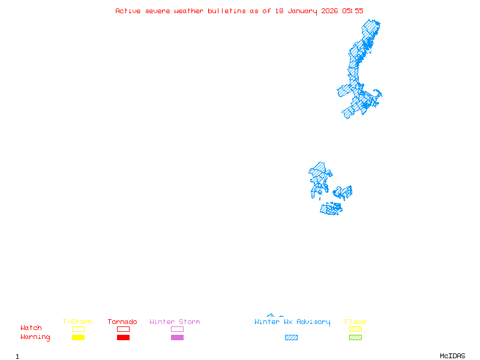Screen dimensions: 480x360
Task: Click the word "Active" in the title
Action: [x=128, y=11]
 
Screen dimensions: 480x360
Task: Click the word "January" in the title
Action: [x=303, y=11]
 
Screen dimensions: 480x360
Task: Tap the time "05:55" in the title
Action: [x=353, y=11]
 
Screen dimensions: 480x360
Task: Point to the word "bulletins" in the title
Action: [x=227, y=11]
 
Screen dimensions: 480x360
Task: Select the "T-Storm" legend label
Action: [x=77, y=322]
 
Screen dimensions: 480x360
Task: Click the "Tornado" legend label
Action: [x=122, y=322]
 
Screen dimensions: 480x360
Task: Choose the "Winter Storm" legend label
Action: [x=175, y=322]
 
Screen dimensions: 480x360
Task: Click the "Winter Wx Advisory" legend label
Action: [x=292, y=322]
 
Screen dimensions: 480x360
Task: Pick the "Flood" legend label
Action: [x=355, y=322]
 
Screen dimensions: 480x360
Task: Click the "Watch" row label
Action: [x=31, y=328]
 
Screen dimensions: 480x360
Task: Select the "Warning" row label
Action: [x=35, y=337]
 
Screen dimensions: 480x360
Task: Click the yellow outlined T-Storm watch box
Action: [x=78, y=329]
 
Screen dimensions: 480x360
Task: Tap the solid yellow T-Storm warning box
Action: [x=78, y=338]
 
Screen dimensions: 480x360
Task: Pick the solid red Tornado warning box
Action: [x=123, y=338]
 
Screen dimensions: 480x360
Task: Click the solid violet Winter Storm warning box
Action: [x=177, y=338]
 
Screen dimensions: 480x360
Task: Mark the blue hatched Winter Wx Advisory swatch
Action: [x=291, y=338]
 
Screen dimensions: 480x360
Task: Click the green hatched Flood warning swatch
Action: [x=355, y=338]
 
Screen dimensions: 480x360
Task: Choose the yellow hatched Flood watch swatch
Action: [x=355, y=329]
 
